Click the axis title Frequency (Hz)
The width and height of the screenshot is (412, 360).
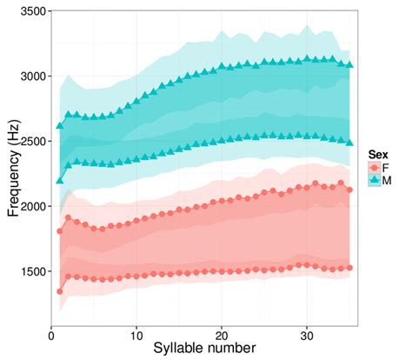pos(11,169)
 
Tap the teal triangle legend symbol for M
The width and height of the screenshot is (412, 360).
pos(374,179)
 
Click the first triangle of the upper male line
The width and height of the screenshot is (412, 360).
pos(60,125)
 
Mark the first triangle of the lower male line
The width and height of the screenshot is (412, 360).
pos(60,180)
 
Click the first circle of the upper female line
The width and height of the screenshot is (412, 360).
pos(60,231)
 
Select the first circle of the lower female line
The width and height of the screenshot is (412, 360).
pos(60,291)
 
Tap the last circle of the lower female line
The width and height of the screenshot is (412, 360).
pos(349,268)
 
